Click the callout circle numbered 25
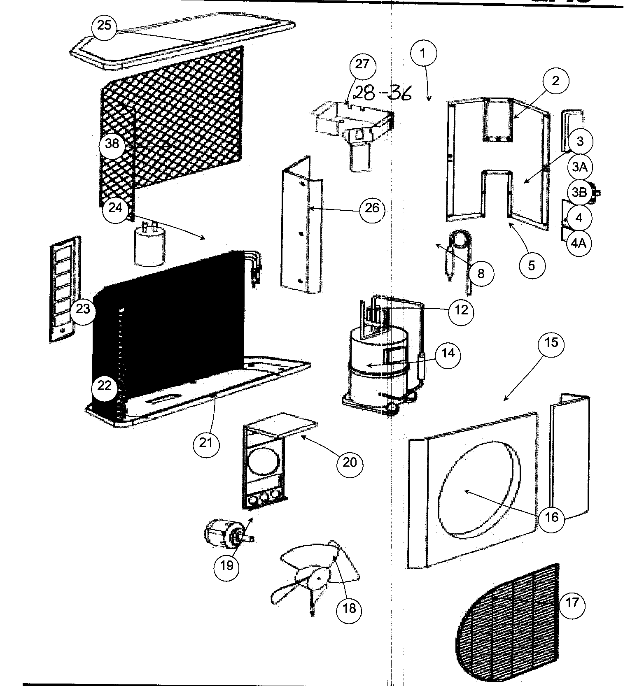pos(104,26)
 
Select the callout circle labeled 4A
pos(579,243)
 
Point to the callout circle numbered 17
pos(572,603)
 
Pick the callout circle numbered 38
pos(112,144)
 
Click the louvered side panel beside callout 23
pos(64,288)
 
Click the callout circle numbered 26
pos(372,209)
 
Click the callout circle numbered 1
pos(423,53)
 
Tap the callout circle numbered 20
pos(350,463)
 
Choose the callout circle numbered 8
pos(481,273)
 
